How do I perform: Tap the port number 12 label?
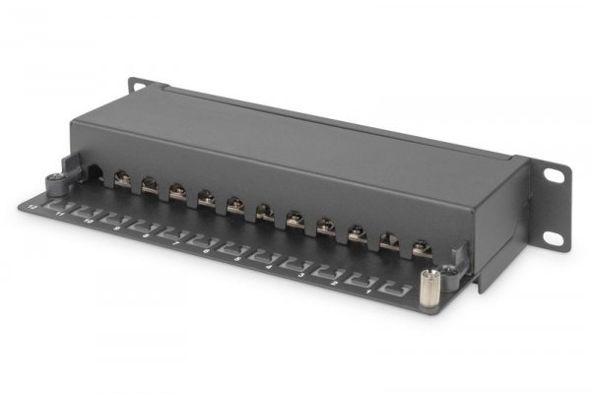coord(32,206)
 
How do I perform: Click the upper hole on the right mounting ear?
coord(555,175)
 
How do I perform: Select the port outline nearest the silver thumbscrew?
coord(397,291)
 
